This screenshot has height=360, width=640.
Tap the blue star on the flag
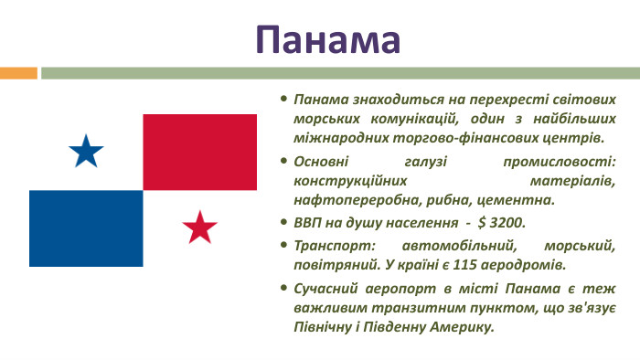pyautogui.click(x=86, y=152)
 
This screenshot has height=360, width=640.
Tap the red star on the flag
pyautogui.click(x=199, y=227)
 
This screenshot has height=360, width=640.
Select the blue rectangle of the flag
pyautogui.click(x=86, y=228)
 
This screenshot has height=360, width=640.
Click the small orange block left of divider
pyautogui.click(x=18, y=72)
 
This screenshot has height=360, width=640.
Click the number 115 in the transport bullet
pyautogui.click(x=468, y=265)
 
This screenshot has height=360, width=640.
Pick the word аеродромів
pyautogui.click(x=527, y=265)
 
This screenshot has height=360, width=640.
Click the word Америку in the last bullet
pyautogui.click(x=460, y=326)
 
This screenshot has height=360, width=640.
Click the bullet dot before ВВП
pyautogui.click(x=284, y=222)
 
